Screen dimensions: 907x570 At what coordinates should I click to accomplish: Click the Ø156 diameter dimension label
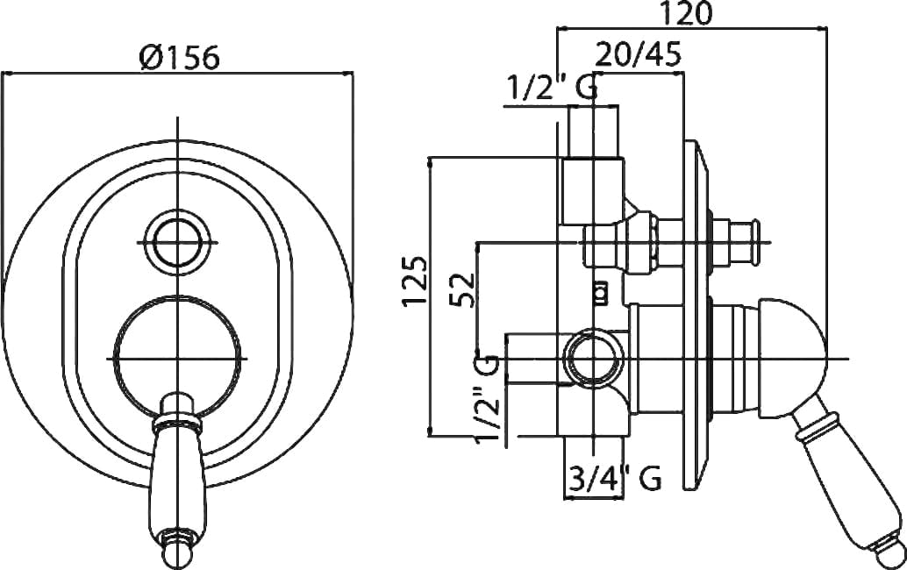[179, 59]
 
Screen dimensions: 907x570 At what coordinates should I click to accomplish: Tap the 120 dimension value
[687, 13]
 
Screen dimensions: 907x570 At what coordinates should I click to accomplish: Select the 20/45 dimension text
[639, 55]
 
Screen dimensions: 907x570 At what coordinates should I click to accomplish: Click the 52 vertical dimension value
[463, 289]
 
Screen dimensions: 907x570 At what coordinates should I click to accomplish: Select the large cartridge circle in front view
[177, 359]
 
